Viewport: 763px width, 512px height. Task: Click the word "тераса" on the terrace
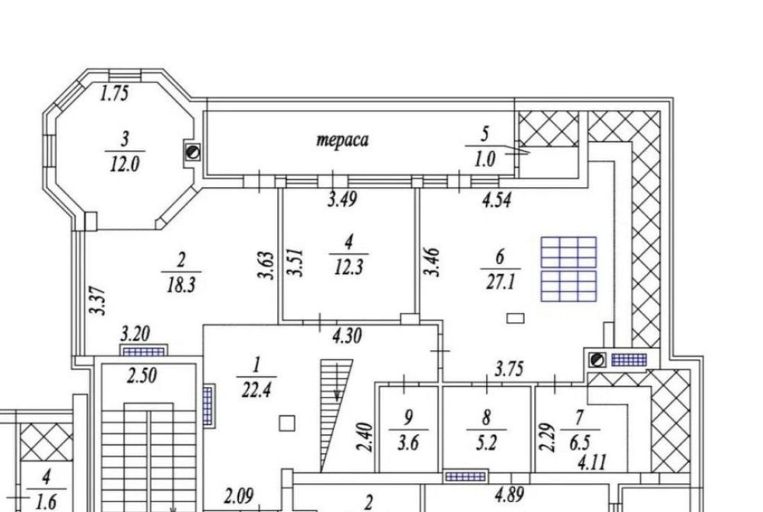[343, 140]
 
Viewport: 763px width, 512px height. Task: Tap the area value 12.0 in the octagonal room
[124, 164]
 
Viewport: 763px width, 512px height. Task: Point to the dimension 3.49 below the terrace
[343, 201]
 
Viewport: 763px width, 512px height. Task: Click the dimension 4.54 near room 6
[495, 201]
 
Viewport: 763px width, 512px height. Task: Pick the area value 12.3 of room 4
[348, 268]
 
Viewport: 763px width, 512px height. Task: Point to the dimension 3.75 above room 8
[510, 370]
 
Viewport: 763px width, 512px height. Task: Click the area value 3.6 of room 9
[408, 443]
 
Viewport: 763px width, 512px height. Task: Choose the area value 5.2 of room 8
[486, 443]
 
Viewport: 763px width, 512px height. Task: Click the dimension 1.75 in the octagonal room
[114, 94]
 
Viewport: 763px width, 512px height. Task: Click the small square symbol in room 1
[287, 422]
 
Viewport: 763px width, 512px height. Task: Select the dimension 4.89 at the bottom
[509, 494]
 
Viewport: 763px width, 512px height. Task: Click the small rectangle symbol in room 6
[516, 317]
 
